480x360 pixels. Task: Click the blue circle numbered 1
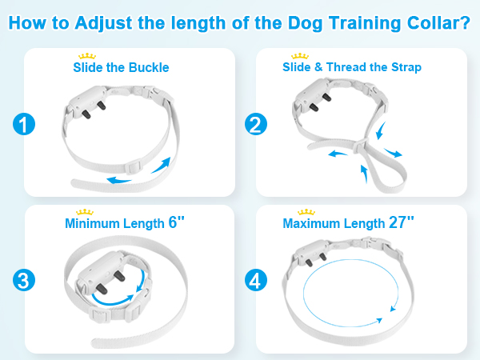(24, 125)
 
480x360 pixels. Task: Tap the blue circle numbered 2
(257, 125)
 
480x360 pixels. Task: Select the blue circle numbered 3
(24, 281)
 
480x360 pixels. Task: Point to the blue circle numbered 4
(257, 281)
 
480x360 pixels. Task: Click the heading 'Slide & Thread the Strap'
(353, 67)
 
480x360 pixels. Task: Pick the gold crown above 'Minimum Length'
(84, 212)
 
